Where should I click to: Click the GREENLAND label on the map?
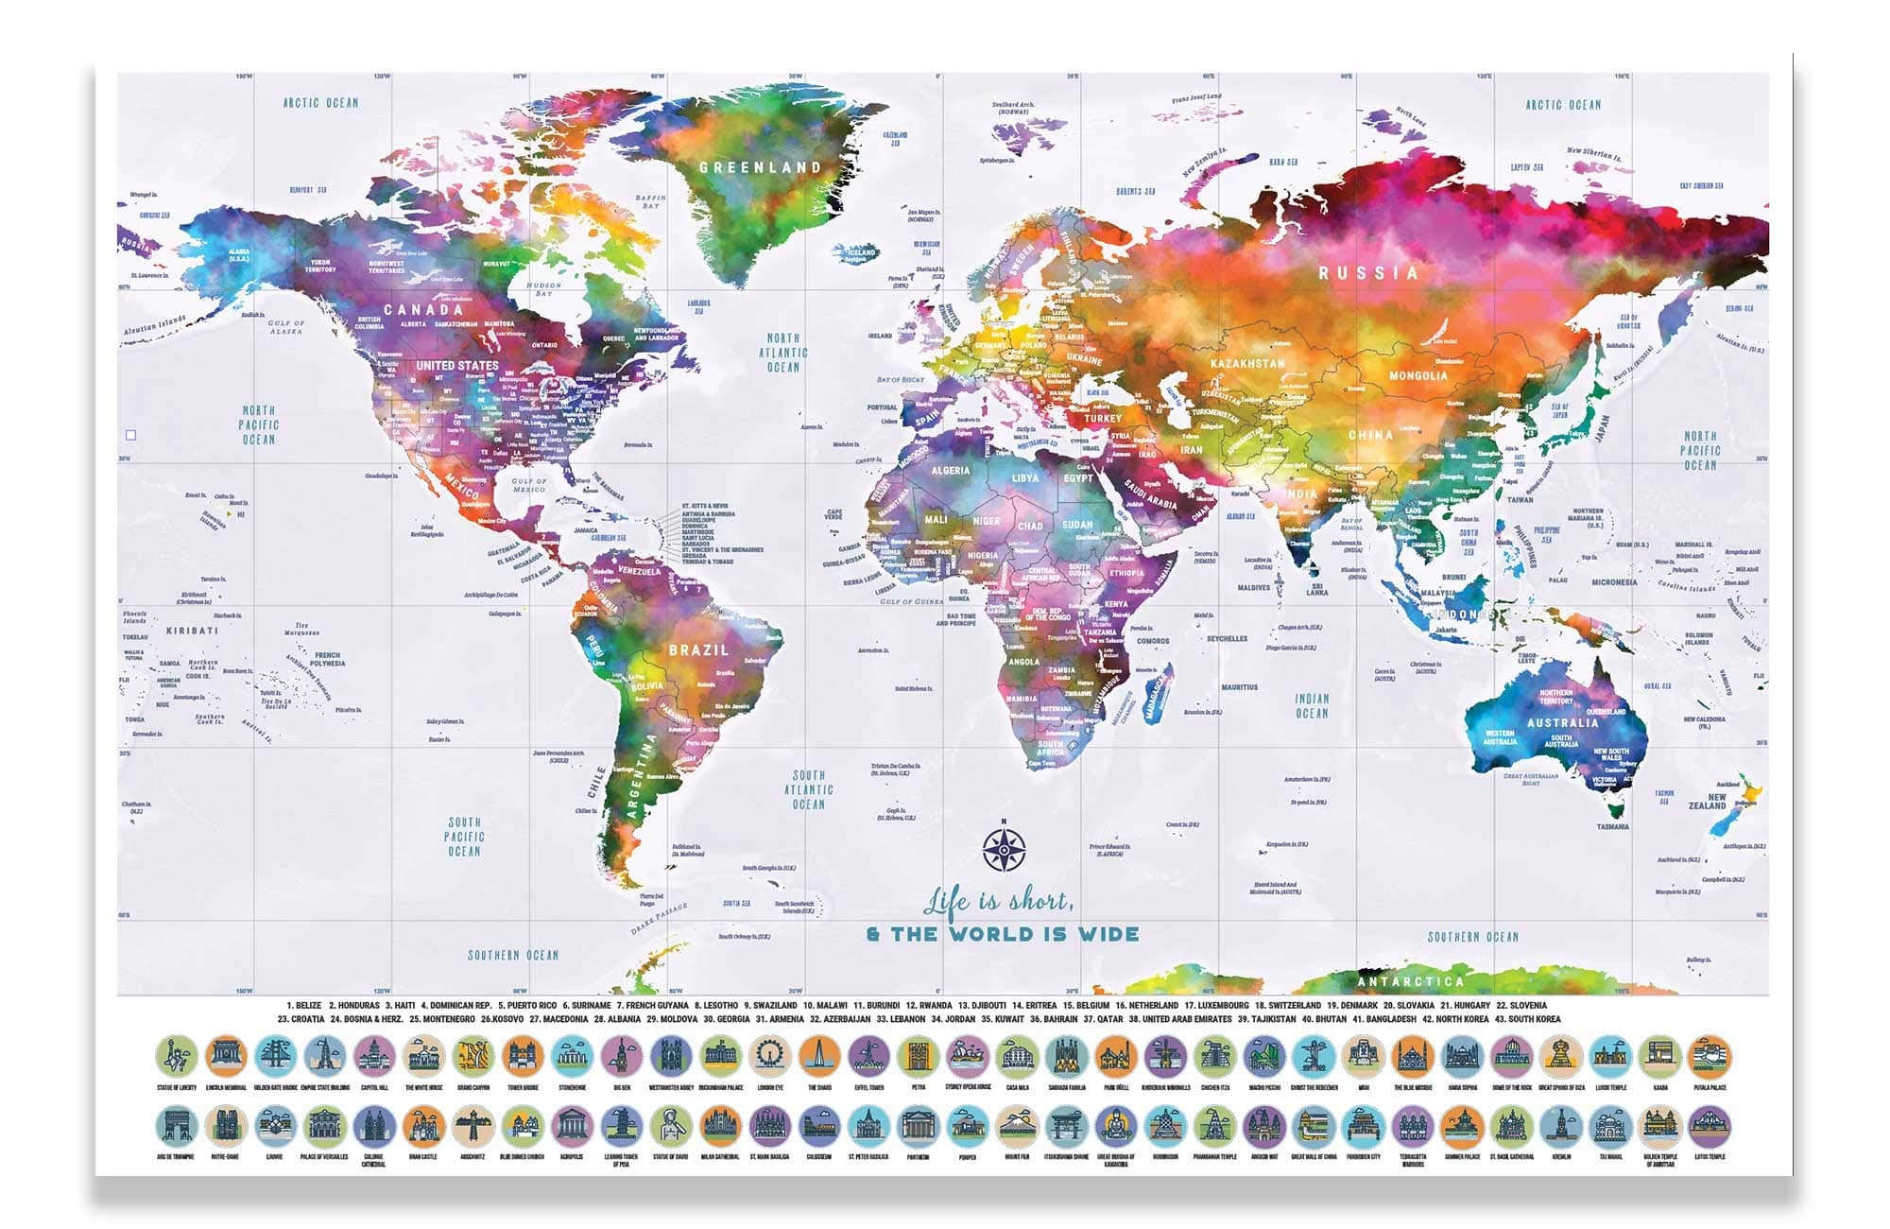[761, 167]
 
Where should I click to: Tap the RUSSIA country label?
[1368, 273]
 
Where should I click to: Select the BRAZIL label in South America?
[699, 650]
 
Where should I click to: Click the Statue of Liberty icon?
[177, 1057]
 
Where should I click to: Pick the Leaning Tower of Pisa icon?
[622, 1126]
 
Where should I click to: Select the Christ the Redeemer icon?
[1314, 1057]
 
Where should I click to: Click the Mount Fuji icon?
[1017, 1126]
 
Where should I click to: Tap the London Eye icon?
[770, 1057]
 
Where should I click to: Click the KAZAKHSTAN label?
[1247, 363]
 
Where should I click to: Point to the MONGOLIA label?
[1417, 375]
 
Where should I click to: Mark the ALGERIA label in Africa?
[950, 470]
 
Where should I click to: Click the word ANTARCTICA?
[1410, 981]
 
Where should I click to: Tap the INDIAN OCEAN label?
[1312, 705]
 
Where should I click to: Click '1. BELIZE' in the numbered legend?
[304, 1005]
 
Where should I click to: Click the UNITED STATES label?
[457, 365]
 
